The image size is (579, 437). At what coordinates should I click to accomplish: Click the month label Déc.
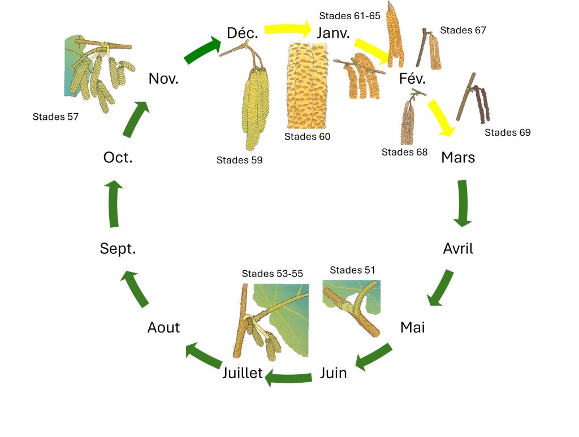click(242, 33)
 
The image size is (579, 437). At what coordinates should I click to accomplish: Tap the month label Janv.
click(334, 33)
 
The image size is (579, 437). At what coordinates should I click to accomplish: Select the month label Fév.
click(412, 79)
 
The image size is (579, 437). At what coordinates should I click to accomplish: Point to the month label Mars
click(458, 158)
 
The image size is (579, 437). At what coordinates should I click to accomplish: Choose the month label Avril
click(458, 248)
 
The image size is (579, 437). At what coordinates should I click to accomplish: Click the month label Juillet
click(242, 373)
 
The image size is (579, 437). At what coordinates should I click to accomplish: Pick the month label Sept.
click(118, 248)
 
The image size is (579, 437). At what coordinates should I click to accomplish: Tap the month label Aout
click(163, 327)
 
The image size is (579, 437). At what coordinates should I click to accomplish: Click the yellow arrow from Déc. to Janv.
click(288, 29)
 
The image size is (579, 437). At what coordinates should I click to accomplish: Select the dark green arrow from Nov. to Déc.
click(202, 50)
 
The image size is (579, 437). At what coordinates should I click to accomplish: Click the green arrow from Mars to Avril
click(463, 203)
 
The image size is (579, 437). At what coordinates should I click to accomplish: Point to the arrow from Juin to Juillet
click(288, 378)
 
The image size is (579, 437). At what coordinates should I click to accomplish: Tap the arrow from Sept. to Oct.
click(114, 204)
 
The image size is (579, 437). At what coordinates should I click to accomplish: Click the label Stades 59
click(239, 160)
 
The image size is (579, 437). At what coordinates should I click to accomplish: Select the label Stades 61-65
click(349, 16)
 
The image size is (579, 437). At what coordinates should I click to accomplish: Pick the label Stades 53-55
click(272, 274)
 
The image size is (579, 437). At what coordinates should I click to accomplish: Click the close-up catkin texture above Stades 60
click(307, 85)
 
